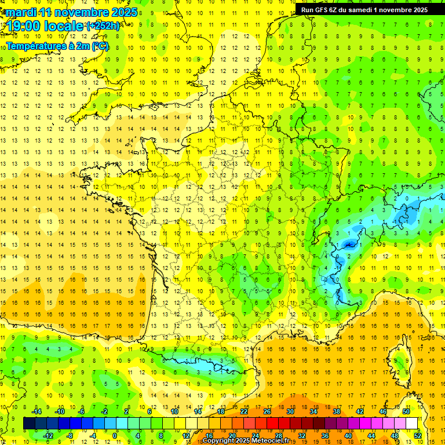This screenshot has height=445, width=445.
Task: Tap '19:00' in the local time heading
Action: pyautogui.click(x=23, y=26)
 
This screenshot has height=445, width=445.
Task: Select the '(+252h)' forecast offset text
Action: pyautogui.click(x=103, y=26)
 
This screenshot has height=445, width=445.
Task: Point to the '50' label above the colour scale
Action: pyautogui.click(x=406, y=411)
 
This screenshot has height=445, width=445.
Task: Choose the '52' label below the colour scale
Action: pyautogui.click(x=418, y=435)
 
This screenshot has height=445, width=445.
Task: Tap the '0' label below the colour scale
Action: pyautogui.click(x=115, y=435)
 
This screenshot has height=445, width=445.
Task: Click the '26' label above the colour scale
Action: pyautogui.click(x=267, y=411)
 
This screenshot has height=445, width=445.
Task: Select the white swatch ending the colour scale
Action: pyautogui.click(x=411, y=423)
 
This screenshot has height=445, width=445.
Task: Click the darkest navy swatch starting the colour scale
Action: pyautogui.click(x=29, y=423)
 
